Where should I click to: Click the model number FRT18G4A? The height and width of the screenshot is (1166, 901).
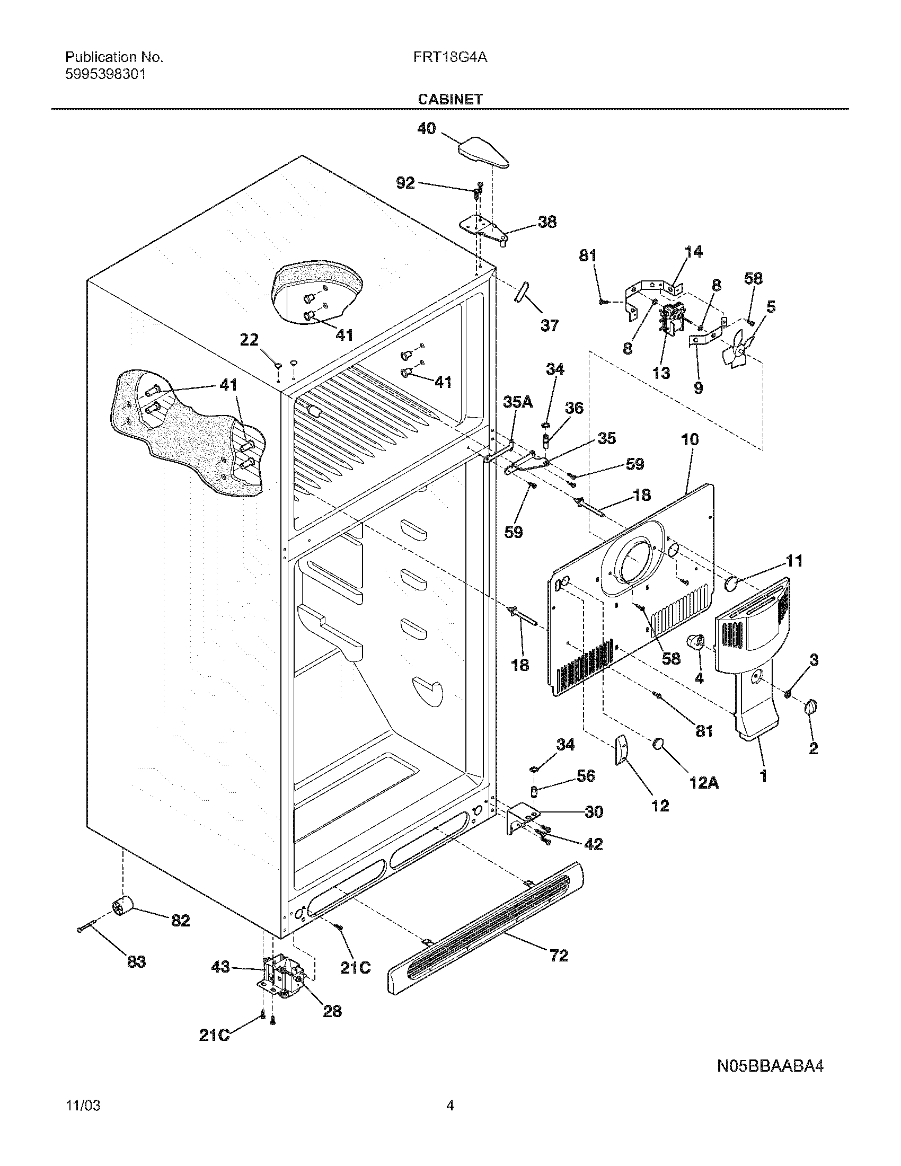(x=449, y=58)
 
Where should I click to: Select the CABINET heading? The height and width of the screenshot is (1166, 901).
(x=450, y=99)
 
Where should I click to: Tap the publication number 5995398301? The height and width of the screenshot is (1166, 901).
(x=105, y=74)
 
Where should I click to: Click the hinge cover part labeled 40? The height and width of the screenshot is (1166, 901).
(x=482, y=151)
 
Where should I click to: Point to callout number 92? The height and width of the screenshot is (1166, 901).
(x=405, y=183)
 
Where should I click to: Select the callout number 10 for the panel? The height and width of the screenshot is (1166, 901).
(x=690, y=439)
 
